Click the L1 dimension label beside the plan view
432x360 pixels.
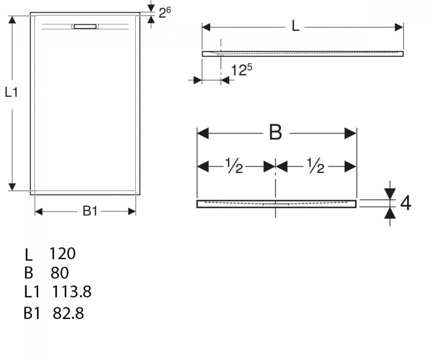11,92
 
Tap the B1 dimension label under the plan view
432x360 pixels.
90,211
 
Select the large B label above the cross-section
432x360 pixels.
275,132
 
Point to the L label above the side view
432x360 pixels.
295,27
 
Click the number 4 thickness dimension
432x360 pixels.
405,203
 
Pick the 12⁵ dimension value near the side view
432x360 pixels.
241,70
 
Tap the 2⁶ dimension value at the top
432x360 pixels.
164,12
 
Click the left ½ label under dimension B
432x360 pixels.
234,166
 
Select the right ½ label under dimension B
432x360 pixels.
316,166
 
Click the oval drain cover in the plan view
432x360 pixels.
85,27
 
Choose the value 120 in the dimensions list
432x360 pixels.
62,254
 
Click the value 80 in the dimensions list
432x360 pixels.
59,272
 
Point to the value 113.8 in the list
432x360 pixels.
71,292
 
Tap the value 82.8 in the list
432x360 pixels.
68,313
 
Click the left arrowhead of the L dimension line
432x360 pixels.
207,27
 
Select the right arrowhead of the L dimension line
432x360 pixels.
399,27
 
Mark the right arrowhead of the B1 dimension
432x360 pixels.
132,212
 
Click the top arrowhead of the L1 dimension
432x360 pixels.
12,20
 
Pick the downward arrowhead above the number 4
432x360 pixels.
390,194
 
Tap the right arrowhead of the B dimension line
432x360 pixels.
351,133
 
